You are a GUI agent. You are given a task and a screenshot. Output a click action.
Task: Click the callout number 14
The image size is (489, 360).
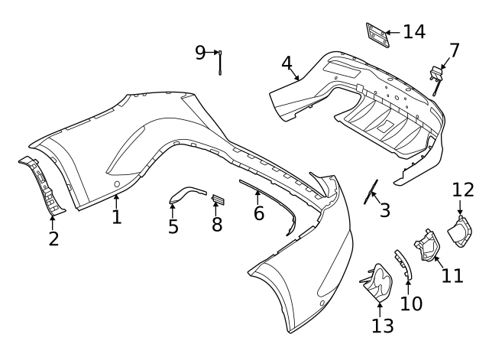(x=414, y=32)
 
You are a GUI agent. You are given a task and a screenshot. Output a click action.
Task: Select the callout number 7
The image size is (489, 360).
(x=455, y=50)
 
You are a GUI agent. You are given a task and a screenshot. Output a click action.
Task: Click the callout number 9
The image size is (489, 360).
(x=200, y=52)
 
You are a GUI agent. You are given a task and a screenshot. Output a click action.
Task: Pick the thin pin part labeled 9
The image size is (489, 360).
(x=221, y=63)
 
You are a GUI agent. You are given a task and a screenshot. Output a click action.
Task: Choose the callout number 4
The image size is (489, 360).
(x=287, y=63)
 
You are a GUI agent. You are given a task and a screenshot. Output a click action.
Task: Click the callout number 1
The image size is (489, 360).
(x=116, y=217)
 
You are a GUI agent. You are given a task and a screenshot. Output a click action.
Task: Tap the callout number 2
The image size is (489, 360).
(x=53, y=238)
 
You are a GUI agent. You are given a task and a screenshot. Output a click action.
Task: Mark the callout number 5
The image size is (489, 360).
(x=173, y=226)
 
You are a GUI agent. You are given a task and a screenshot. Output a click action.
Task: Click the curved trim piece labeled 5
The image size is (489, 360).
(x=186, y=193)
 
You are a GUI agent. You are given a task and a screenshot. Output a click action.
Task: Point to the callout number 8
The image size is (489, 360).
(x=217, y=224)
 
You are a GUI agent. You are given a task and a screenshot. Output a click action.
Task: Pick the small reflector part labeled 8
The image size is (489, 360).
(x=217, y=200)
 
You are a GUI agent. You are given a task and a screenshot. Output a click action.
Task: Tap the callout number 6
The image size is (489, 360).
(x=259, y=213)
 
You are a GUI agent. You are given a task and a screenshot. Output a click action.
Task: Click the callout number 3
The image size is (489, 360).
(x=384, y=209)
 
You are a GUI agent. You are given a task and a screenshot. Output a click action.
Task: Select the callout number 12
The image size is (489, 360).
(x=463, y=190)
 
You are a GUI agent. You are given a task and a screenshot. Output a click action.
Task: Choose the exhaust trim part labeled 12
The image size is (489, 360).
(x=461, y=232)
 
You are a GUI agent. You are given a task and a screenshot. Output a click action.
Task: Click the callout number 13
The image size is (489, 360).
(x=382, y=326)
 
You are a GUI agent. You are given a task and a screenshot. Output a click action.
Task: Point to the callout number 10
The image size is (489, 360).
(x=411, y=304)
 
